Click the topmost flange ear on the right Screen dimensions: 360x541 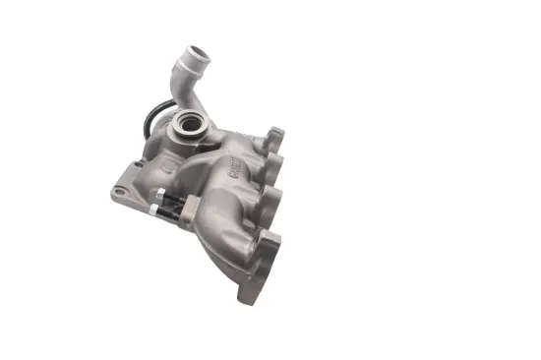coord(274,137)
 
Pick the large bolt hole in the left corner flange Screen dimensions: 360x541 coord(120,191)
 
